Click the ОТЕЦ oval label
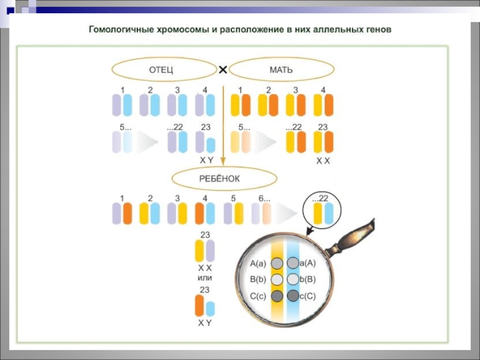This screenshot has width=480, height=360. pos(164,70)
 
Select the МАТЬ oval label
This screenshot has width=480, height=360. pos(281,70)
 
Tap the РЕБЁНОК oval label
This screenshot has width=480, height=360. pos(224,179)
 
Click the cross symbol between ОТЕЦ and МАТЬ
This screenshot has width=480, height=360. pos(223,70)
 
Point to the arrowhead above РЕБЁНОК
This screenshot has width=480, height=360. pos(223,161)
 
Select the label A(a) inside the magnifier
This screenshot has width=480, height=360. pos(258,263)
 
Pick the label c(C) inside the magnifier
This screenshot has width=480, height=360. pos(307,296)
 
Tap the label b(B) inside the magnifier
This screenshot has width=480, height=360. pos(307,280)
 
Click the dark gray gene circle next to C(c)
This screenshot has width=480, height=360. pos(277,296)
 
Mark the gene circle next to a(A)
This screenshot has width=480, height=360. pos(293,263)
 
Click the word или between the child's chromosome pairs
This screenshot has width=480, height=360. pos(205,278)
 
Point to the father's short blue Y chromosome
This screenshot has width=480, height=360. pos(211,145)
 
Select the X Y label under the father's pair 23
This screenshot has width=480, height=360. pos(206,160)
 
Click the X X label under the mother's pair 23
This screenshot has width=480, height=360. pos(323,161)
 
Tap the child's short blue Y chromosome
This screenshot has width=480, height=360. pos(210,308)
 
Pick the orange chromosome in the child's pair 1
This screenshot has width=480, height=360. pos(127,213)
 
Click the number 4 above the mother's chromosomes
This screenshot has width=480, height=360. pos(323,90)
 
